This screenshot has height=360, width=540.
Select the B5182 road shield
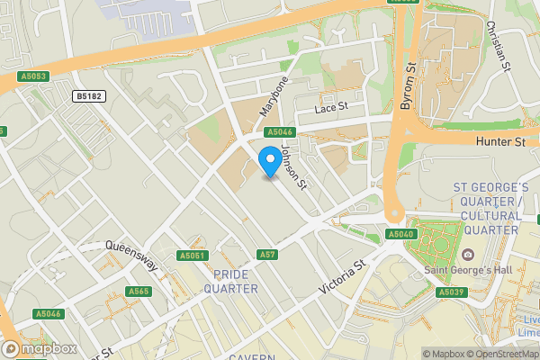(89, 95)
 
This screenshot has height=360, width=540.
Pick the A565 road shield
(139, 291)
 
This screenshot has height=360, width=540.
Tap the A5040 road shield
(401, 234)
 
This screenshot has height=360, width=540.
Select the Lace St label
(330, 108)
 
